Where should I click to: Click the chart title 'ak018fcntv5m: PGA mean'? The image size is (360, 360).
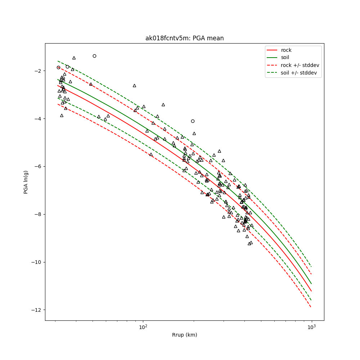[184, 38]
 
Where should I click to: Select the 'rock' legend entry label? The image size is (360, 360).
[286, 50]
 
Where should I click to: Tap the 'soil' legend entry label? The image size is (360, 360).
[285, 57]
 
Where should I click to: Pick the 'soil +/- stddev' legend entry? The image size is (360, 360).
[298, 73]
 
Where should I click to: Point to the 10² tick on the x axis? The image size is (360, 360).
[143, 327]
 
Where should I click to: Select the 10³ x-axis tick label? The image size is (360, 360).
[311, 327]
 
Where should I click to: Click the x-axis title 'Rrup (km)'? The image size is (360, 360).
[184, 335]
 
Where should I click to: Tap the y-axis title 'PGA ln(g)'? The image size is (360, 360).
[26, 182]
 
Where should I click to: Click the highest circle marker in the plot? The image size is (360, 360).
[94, 56]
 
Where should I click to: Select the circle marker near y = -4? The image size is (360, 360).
[193, 121]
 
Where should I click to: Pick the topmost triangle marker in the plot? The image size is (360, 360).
[74, 58]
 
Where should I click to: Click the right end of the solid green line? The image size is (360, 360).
[311, 284]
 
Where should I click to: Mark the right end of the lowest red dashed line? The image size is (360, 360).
[311, 307]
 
